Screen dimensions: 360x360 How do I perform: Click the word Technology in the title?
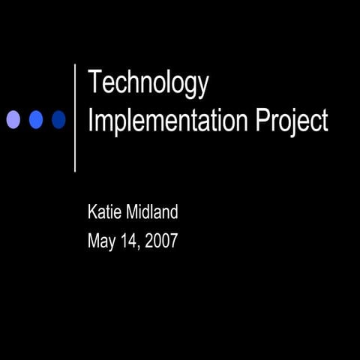[148, 82]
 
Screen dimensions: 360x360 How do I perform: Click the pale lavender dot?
[13, 119]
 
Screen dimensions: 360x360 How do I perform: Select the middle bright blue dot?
[36, 119]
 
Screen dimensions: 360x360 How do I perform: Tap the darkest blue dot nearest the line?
[58, 119]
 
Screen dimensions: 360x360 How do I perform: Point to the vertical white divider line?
[75, 118]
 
